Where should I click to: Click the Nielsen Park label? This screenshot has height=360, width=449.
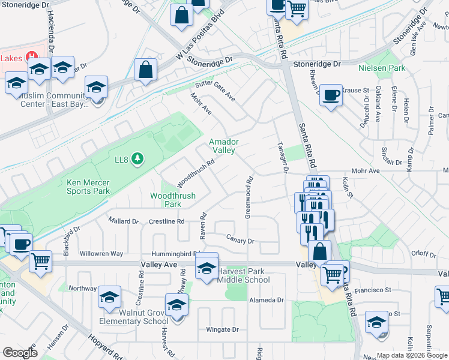pos(381,68)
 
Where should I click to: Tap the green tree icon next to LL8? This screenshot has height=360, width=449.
pos(139,158)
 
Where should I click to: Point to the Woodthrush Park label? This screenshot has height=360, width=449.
pos(166,200)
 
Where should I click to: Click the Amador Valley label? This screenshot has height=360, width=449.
pos(224,146)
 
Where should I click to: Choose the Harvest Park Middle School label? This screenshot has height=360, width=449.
pos(243,275)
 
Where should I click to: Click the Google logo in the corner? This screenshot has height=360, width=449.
pos(20,353)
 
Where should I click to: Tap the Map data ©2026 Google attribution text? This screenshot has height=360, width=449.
pos(412,355)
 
